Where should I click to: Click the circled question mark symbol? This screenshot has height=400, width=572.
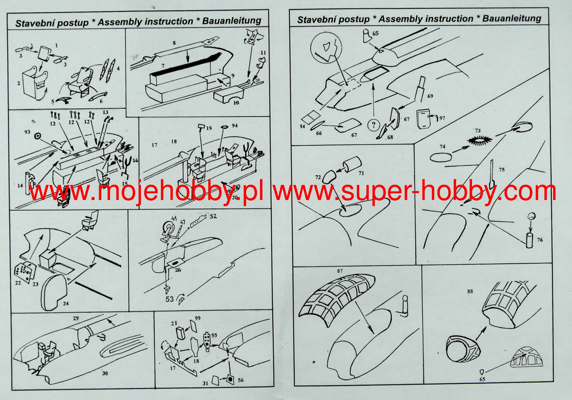[x=374, y=124]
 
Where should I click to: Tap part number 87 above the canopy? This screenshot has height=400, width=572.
[x=340, y=271]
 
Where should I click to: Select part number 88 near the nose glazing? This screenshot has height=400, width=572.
[x=470, y=291]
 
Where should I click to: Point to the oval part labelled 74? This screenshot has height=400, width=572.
[x=440, y=157]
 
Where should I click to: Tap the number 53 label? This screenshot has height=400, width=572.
[x=170, y=299]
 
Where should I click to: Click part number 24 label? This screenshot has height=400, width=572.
[x=66, y=303]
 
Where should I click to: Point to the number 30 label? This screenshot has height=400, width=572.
[x=105, y=373]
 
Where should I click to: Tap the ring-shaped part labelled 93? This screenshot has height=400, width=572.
[x=37, y=136]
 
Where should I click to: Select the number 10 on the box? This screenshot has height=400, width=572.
[x=236, y=103]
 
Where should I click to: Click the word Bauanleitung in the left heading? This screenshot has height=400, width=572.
[x=232, y=20]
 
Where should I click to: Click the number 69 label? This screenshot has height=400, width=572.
[x=430, y=96]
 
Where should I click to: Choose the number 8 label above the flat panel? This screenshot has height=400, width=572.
[x=174, y=43]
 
